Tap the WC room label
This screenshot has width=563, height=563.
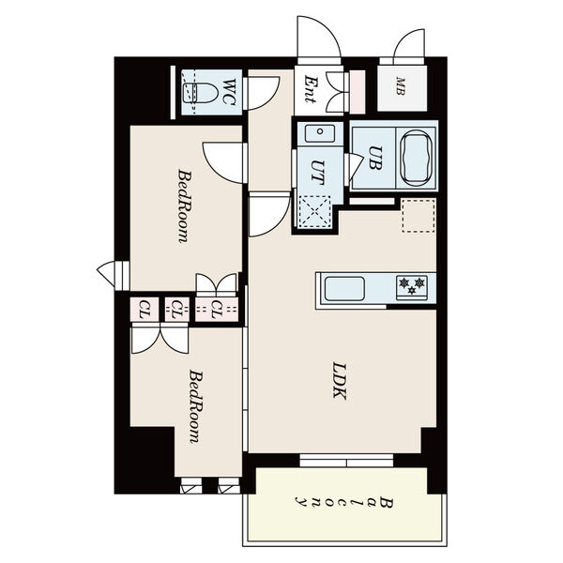[x=229, y=92]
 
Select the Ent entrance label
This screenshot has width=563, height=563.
[x=310, y=89]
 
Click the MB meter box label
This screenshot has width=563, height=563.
[x=401, y=86]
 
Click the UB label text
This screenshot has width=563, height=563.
[x=375, y=158]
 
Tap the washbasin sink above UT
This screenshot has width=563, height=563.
[x=319, y=133]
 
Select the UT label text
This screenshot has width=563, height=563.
[x=318, y=173]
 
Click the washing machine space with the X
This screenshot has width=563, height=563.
[x=314, y=211]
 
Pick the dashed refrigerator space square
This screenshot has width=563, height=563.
[x=418, y=216]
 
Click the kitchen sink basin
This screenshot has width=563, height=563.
[x=344, y=289]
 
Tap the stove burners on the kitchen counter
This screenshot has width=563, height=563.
[x=412, y=287]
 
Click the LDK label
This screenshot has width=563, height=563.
[x=340, y=381]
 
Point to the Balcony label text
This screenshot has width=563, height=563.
[x=344, y=502]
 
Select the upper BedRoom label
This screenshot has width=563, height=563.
[x=185, y=206]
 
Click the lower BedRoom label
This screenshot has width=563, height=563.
[x=196, y=406]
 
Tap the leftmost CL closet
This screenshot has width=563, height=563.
[x=144, y=309]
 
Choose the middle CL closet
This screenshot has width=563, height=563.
[x=177, y=309]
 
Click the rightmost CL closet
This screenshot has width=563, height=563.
[x=217, y=309]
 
